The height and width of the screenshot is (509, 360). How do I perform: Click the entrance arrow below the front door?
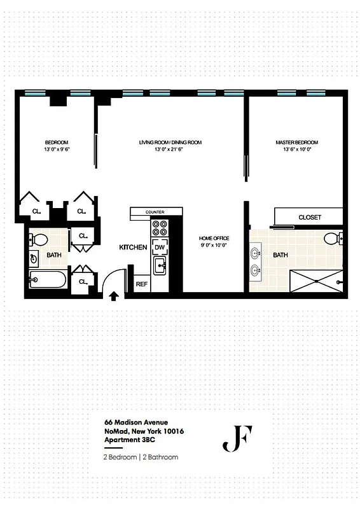(114, 295)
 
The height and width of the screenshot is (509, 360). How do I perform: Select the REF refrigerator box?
(141, 284)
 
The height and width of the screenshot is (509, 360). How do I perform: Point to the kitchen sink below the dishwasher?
(160, 266)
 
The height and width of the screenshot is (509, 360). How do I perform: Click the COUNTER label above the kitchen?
(155, 212)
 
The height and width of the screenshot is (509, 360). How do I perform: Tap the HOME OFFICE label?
(214, 238)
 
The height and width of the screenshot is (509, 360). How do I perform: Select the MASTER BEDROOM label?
(296, 142)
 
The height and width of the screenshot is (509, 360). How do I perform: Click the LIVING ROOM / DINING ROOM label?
(170, 142)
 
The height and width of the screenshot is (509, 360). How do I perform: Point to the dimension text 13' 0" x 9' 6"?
(57, 149)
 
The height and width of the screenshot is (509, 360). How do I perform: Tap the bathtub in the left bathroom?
(48, 280)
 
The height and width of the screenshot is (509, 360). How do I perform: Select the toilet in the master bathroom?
(332, 239)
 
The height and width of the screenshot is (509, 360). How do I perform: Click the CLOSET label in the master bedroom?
(310, 218)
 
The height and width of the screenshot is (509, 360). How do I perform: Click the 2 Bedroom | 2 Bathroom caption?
(141, 457)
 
